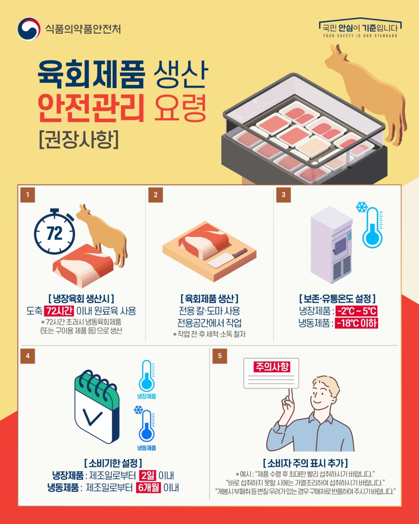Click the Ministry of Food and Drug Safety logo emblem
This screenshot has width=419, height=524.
pyautogui.click(x=29, y=29)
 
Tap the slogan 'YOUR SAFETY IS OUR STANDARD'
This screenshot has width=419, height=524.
pyautogui.click(x=360, y=36)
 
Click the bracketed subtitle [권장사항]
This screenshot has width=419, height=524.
pyautogui.click(x=79, y=139)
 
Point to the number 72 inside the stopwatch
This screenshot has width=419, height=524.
pyautogui.click(x=54, y=233)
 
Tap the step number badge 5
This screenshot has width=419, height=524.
pyautogui.click(x=220, y=356)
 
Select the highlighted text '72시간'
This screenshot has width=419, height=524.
pyautogui.click(x=59, y=311)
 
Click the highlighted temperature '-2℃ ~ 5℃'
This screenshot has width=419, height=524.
pyautogui.click(x=357, y=311)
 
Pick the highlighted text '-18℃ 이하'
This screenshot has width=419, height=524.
pyautogui.click(x=357, y=323)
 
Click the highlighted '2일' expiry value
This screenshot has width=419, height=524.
pyautogui.click(x=147, y=475)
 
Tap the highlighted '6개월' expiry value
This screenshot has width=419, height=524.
pyautogui.click(x=148, y=488)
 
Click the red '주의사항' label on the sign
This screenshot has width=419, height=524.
pyautogui.click(x=272, y=367)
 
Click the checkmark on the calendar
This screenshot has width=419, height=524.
pyautogui.click(x=93, y=416)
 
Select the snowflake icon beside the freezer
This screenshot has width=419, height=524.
pyautogui.click(x=361, y=207)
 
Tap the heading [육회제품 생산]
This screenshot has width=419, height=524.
pyautogui.click(x=209, y=299)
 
